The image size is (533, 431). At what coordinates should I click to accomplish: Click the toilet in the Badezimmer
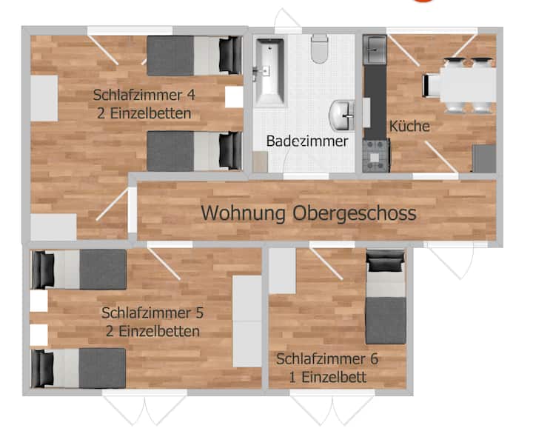[320, 48]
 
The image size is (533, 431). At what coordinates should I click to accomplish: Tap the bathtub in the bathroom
[270, 71]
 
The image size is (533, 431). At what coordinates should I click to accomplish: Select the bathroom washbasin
[341, 116]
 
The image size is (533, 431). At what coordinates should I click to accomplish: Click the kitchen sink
[375, 50]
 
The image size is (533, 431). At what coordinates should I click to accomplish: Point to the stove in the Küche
[375, 156]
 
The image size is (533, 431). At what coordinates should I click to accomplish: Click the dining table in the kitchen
[468, 85]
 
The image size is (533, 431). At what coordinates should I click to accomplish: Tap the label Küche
[409, 126]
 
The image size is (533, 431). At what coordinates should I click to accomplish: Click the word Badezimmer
[307, 141]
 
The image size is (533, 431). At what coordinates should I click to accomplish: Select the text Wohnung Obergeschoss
[309, 213]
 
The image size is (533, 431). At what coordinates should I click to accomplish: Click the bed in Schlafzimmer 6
[386, 297]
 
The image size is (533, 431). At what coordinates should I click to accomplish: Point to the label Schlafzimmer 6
[327, 359]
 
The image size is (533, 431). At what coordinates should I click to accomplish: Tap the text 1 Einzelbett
[328, 377]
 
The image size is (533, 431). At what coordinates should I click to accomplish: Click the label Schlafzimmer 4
[144, 95]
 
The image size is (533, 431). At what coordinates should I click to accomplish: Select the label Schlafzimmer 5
[152, 313]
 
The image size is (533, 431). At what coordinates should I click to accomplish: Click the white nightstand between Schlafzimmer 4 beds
[234, 97]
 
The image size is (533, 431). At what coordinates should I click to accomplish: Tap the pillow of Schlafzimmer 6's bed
[386, 261]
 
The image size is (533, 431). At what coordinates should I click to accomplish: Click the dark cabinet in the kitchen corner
[484, 158]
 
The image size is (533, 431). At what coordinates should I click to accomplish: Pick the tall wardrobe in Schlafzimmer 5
[247, 321]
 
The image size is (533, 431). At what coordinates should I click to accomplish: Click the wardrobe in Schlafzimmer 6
[283, 271]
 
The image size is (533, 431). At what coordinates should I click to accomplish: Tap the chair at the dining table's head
[431, 85]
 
